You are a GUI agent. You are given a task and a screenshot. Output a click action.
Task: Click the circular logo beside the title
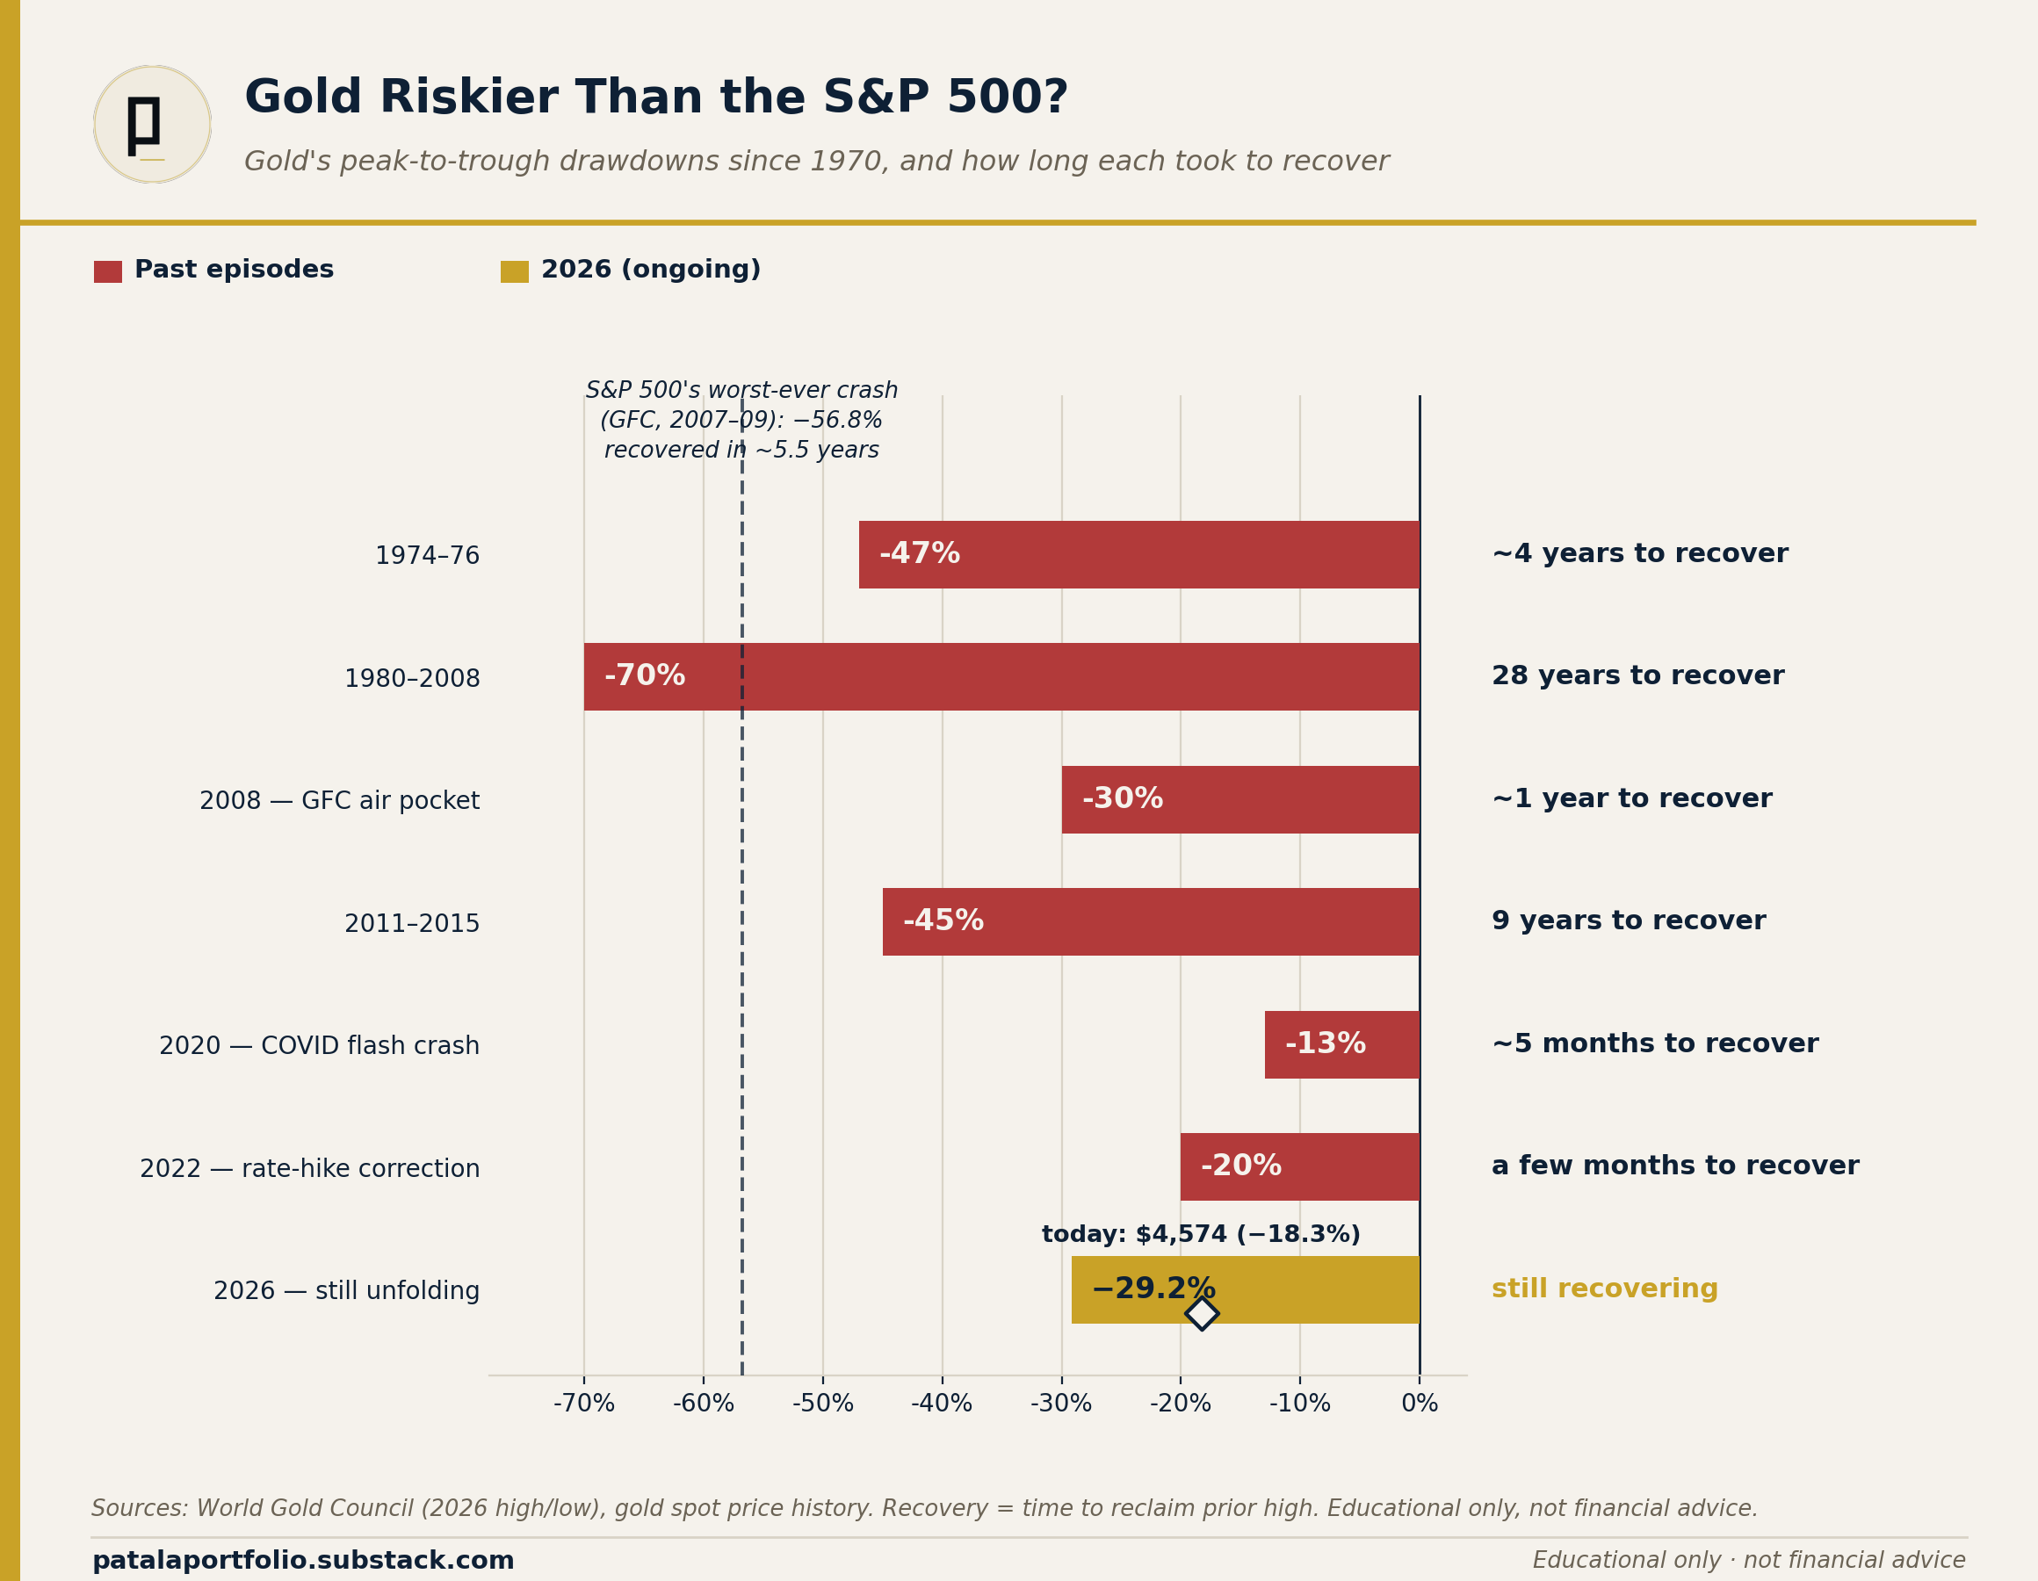152,124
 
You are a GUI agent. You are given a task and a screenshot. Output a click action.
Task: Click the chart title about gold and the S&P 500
656,98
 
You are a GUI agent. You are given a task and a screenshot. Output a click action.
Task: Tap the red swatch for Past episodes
108,271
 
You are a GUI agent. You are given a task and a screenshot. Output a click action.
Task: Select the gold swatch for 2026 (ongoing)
514,271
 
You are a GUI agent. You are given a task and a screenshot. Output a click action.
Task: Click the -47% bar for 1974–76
1139,554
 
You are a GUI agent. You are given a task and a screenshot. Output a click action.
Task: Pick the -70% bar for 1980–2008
1002,676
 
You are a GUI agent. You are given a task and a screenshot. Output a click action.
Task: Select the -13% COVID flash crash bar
1342,1044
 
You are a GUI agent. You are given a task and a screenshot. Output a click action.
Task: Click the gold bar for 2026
1246,1289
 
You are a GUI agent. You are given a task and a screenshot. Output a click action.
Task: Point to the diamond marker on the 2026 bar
1202,1313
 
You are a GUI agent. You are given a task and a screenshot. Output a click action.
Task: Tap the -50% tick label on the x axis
823,1404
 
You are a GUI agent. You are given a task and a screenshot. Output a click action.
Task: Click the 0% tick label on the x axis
1420,1404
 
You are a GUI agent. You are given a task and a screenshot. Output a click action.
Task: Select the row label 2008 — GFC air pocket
340,801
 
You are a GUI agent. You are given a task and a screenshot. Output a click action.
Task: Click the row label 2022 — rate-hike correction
310,1168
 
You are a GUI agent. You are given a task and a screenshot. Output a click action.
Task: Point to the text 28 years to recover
1637,675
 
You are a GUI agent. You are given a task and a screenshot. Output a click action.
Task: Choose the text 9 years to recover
1629,920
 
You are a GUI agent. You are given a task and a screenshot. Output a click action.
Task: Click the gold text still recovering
1605,1289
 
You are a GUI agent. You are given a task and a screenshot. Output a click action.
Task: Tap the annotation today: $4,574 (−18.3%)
1201,1235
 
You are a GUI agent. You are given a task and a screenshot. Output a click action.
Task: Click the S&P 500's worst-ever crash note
742,420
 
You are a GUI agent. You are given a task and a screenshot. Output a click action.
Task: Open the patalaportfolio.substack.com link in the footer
303,1561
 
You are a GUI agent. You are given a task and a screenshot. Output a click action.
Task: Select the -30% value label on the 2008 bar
1123,799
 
